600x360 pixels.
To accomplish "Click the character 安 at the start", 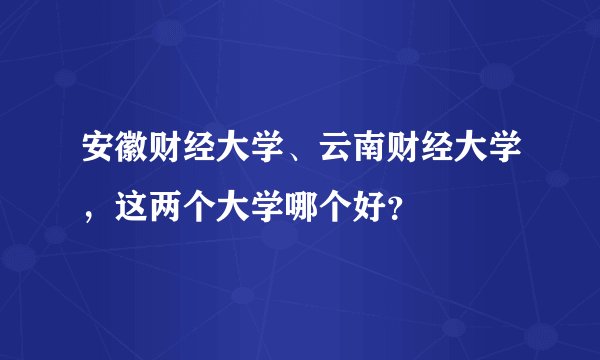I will click(x=98, y=153).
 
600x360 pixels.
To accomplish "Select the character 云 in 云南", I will click(x=337, y=153).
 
